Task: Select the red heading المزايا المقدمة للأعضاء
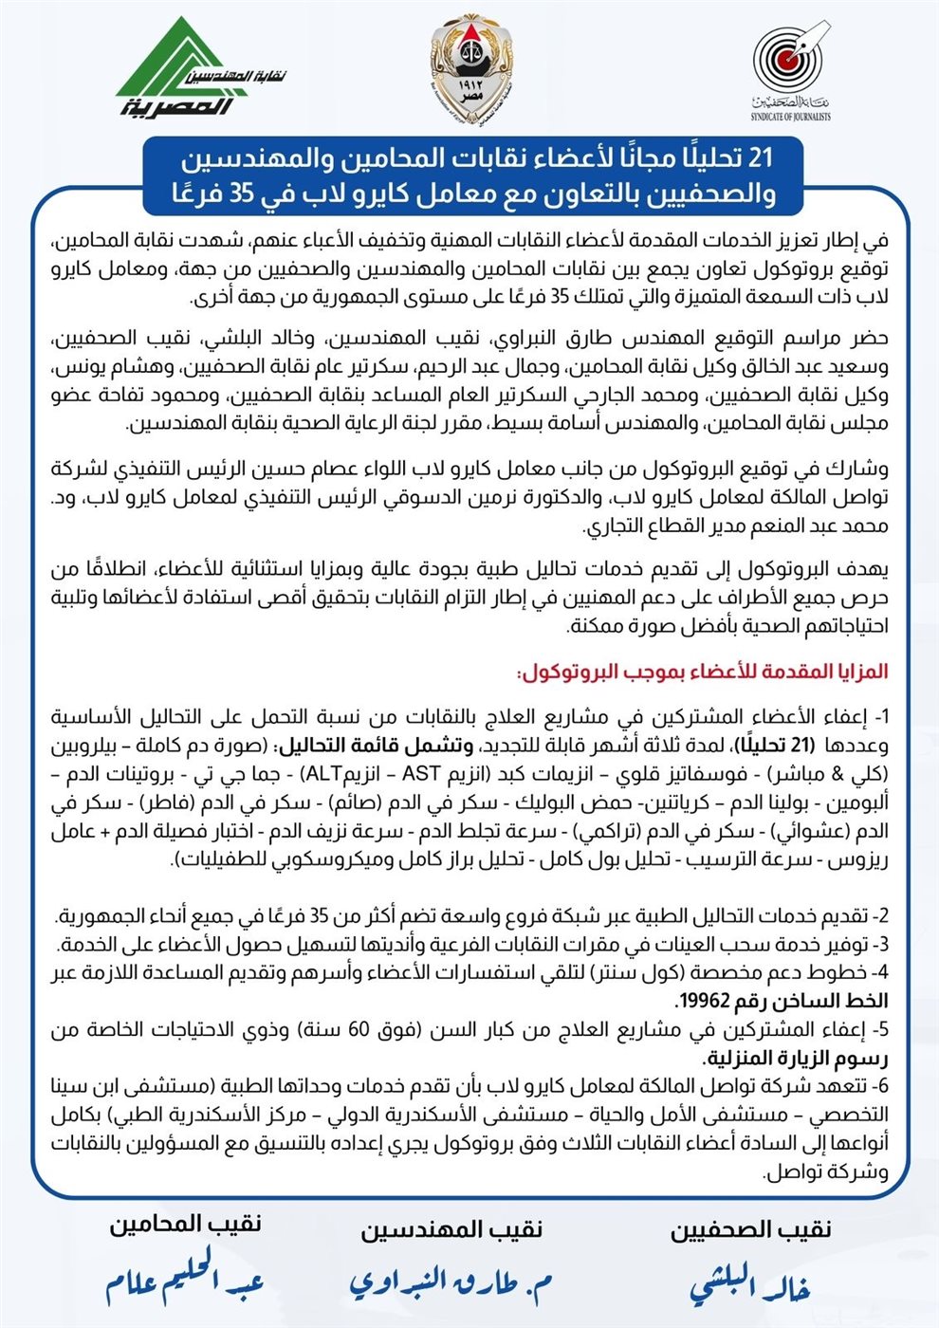point(703,672)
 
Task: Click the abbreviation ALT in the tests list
point(310,773)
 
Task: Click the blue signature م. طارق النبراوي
point(451,1283)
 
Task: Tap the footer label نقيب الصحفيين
point(751,1230)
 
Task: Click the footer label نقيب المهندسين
point(451,1230)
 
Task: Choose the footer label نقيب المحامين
point(185,1224)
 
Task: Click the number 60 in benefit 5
point(366,1030)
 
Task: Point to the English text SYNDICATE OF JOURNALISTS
point(790,117)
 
